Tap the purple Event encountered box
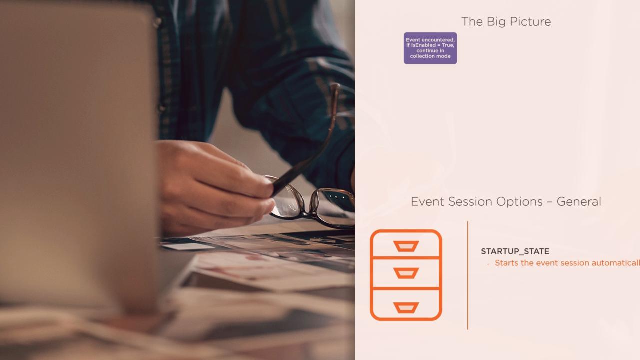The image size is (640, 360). click(430, 48)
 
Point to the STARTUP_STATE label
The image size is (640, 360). click(515, 251)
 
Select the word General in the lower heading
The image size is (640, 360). click(579, 202)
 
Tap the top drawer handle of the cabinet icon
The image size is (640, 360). click(406, 246)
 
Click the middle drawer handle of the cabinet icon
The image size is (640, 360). click(406, 273)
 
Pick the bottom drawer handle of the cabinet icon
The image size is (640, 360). click(406, 307)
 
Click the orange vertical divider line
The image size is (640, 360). click(467, 275)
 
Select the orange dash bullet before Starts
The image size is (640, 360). click(488, 263)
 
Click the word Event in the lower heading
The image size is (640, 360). click(427, 202)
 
